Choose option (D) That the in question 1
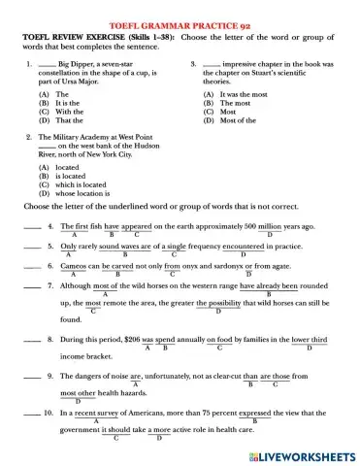pos(52,120)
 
